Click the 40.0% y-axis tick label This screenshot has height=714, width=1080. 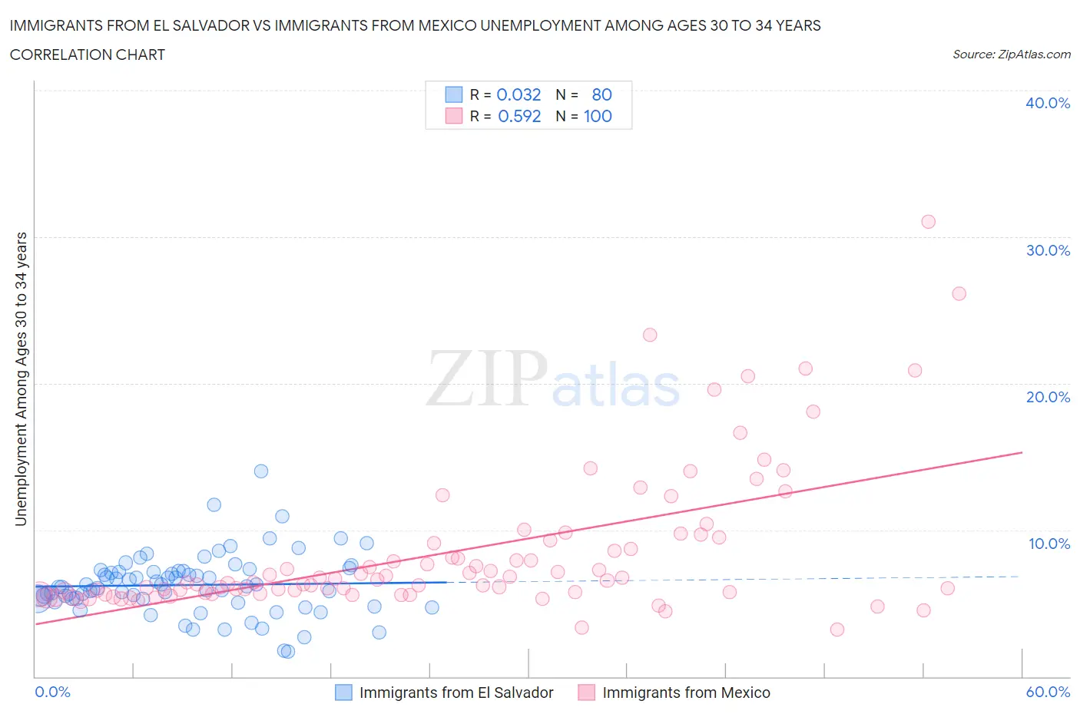click(1047, 103)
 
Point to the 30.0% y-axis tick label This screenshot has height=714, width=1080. click(1047, 250)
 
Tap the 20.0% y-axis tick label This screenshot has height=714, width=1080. click(1047, 397)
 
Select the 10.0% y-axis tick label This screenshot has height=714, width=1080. click(1049, 544)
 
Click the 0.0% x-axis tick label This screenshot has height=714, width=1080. click(52, 692)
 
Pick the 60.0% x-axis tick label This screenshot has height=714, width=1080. click(1048, 692)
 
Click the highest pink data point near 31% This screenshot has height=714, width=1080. click(928, 222)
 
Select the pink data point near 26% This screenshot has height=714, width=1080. click(959, 293)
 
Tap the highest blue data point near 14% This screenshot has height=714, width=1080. click(261, 471)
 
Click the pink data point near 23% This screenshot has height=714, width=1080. click(650, 335)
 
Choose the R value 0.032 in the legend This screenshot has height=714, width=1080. click(518, 94)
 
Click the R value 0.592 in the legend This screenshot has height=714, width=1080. click(519, 117)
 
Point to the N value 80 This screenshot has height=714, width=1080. click(601, 94)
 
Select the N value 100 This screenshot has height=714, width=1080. click(598, 117)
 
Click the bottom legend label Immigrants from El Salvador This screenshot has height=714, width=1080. click(456, 693)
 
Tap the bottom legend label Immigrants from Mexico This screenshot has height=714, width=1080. click(686, 693)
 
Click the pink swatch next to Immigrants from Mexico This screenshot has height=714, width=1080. click(586, 693)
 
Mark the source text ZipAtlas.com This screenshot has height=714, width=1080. click(1034, 55)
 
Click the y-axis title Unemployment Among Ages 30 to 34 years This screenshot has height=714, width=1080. click(21, 379)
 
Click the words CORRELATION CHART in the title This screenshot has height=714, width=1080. click(88, 55)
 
